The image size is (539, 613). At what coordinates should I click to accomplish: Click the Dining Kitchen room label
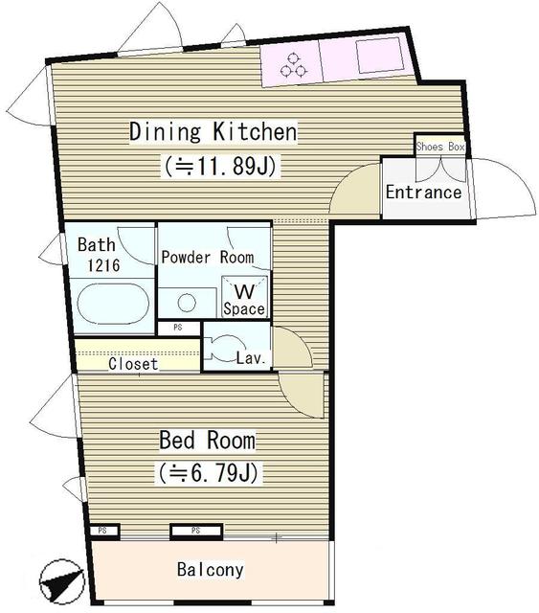[x=213, y=131]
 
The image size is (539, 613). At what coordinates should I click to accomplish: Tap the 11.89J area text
[x=220, y=167]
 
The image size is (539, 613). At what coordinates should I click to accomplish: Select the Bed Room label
[x=207, y=441]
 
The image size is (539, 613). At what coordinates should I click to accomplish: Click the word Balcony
[x=211, y=570]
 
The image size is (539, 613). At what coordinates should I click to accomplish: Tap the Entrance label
[x=423, y=193]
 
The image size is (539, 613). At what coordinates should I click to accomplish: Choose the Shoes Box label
[x=440, y=147]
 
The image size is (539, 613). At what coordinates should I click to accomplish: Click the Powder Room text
[x=207, y=257]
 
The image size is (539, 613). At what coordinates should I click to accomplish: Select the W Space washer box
[x=244, y=297]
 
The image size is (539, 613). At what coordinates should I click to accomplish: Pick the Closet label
[x=133, y=364]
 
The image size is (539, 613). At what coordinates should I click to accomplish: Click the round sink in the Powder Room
[x=188, y=303]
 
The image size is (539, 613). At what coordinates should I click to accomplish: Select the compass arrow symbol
[x=59, y=579]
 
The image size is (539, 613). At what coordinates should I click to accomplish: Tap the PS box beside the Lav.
[x=177, y=328]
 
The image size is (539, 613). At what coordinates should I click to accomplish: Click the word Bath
[x=97, y=244]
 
